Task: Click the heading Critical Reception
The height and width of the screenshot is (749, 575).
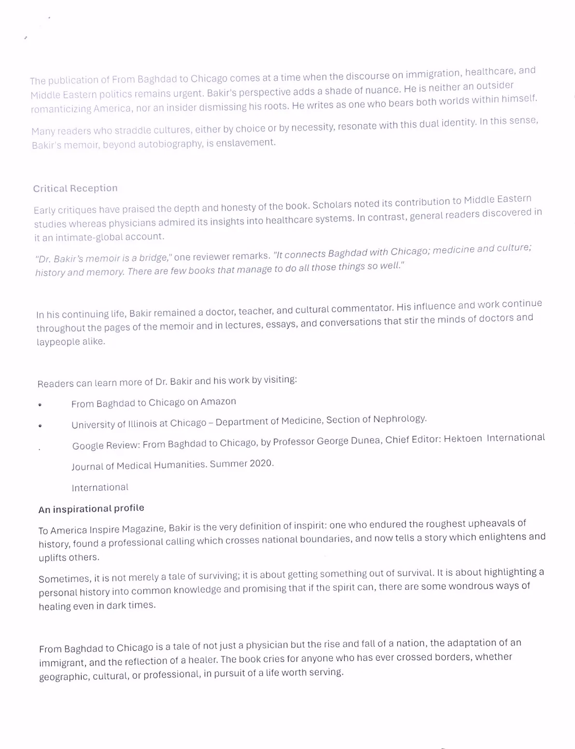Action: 75,188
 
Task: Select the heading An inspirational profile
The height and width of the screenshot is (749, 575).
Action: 91,509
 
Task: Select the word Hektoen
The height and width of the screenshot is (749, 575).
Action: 463,439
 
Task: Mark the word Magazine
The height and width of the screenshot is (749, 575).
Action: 143,529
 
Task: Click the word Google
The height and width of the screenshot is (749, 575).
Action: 88,446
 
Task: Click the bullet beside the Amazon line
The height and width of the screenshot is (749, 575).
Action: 40,405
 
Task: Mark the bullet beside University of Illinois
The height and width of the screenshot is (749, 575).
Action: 41,426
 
